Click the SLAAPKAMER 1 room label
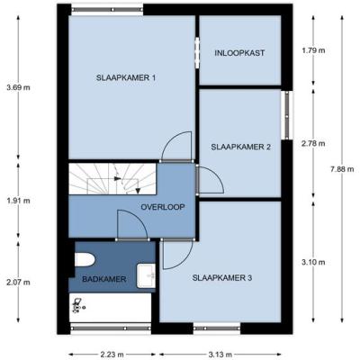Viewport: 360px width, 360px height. point(126,78)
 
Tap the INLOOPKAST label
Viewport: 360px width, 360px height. point(239,53)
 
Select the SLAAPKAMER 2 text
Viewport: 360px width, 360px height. point(241,147)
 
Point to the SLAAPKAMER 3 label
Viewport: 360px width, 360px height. point(222,278)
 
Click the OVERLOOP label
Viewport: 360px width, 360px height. point(163,207)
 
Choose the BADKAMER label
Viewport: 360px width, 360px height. point(104,279)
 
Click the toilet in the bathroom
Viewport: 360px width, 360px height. point(85,259)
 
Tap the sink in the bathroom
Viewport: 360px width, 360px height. point(146,275)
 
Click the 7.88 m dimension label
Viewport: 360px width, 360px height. point(342,169)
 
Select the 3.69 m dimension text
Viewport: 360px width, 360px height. point(18,88)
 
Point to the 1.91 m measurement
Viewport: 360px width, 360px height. point(18,201)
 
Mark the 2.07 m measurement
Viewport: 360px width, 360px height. point(18,283)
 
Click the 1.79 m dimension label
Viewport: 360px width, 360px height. point(313,50)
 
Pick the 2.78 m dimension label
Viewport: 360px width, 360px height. point(313,144)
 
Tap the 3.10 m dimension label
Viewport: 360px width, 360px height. point(313,262)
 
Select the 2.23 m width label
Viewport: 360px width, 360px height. point(112,355)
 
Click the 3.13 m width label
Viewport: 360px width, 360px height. point(220,355)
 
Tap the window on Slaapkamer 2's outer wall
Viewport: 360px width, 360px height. point(287,115)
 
